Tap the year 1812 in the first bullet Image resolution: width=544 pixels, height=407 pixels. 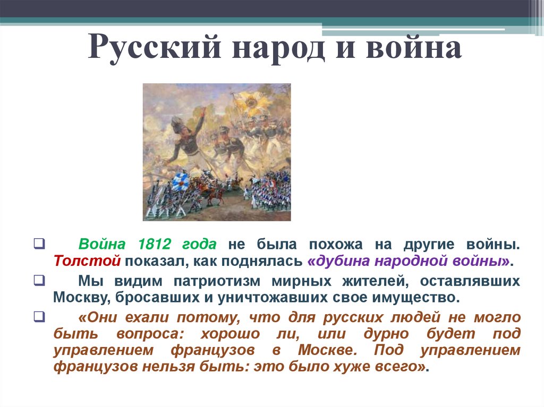[x=154, y=245]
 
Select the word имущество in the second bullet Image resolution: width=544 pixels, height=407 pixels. [x=417, y=297]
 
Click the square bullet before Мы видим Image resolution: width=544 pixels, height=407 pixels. [x=39, y=280]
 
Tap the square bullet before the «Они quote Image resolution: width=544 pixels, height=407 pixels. [x=39, y=317]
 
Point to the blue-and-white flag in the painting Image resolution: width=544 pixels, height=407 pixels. [x=180, y=181]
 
